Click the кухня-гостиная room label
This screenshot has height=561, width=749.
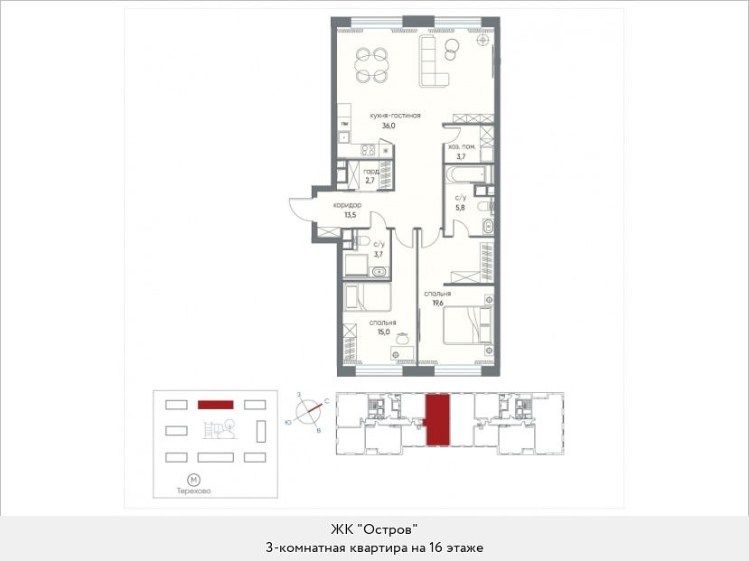[x=395, y=116]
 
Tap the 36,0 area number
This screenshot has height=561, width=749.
[x=389, y=126]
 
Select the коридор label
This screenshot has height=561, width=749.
[x=347, y=205]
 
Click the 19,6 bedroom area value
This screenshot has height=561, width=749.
[x=437, y=303]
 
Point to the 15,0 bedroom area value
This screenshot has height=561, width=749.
[x=384, y=332]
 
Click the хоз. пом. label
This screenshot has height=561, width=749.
[x=462, y=147]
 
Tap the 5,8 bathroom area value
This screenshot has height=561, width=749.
[x=460, y=208]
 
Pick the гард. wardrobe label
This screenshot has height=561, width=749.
[x=371, y=172]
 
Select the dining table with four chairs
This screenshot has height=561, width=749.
[x=371, y=65]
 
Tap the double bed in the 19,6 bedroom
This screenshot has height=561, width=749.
[x=468, y=325]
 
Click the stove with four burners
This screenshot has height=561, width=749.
[x=368, y=150]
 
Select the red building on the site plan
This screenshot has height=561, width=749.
[x=215, y=405]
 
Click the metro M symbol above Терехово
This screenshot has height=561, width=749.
[x=193, y=480]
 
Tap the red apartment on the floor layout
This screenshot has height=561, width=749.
[x=437, y=420]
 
